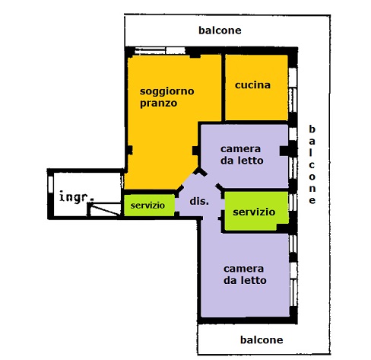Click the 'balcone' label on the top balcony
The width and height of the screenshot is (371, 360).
(x=220, y=30)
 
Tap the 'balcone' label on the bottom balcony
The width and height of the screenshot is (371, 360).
(x=262, y=339)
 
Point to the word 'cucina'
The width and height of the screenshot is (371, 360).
(x=252, y=85)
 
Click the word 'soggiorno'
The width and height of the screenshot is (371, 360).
(x=167, y=91)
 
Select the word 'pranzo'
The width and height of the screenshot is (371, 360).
(x=159, y=104)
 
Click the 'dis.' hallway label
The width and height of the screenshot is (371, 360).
(x=199, y=201)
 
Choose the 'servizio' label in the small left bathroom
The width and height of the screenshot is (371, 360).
(x=147, y=205)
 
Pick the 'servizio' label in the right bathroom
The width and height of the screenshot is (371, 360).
(x=254, y=212)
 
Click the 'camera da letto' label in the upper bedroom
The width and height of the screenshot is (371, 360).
(x=242, y=155)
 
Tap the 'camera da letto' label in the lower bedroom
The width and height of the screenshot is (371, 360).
(x=245, y=275)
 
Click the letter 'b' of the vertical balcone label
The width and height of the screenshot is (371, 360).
(x=312, y=129)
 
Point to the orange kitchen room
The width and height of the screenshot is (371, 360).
(x=256, y=88)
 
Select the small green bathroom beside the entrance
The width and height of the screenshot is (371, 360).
(x=149, y=205)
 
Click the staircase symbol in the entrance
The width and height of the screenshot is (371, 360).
(x=104, y=209)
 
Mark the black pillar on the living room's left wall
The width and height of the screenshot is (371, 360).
(x=129, y=150)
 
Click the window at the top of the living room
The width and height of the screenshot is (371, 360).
(x=160, y=51)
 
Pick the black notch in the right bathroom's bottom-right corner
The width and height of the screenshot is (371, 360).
(x=282, y=228)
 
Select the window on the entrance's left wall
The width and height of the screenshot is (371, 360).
(x=51, y=185)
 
